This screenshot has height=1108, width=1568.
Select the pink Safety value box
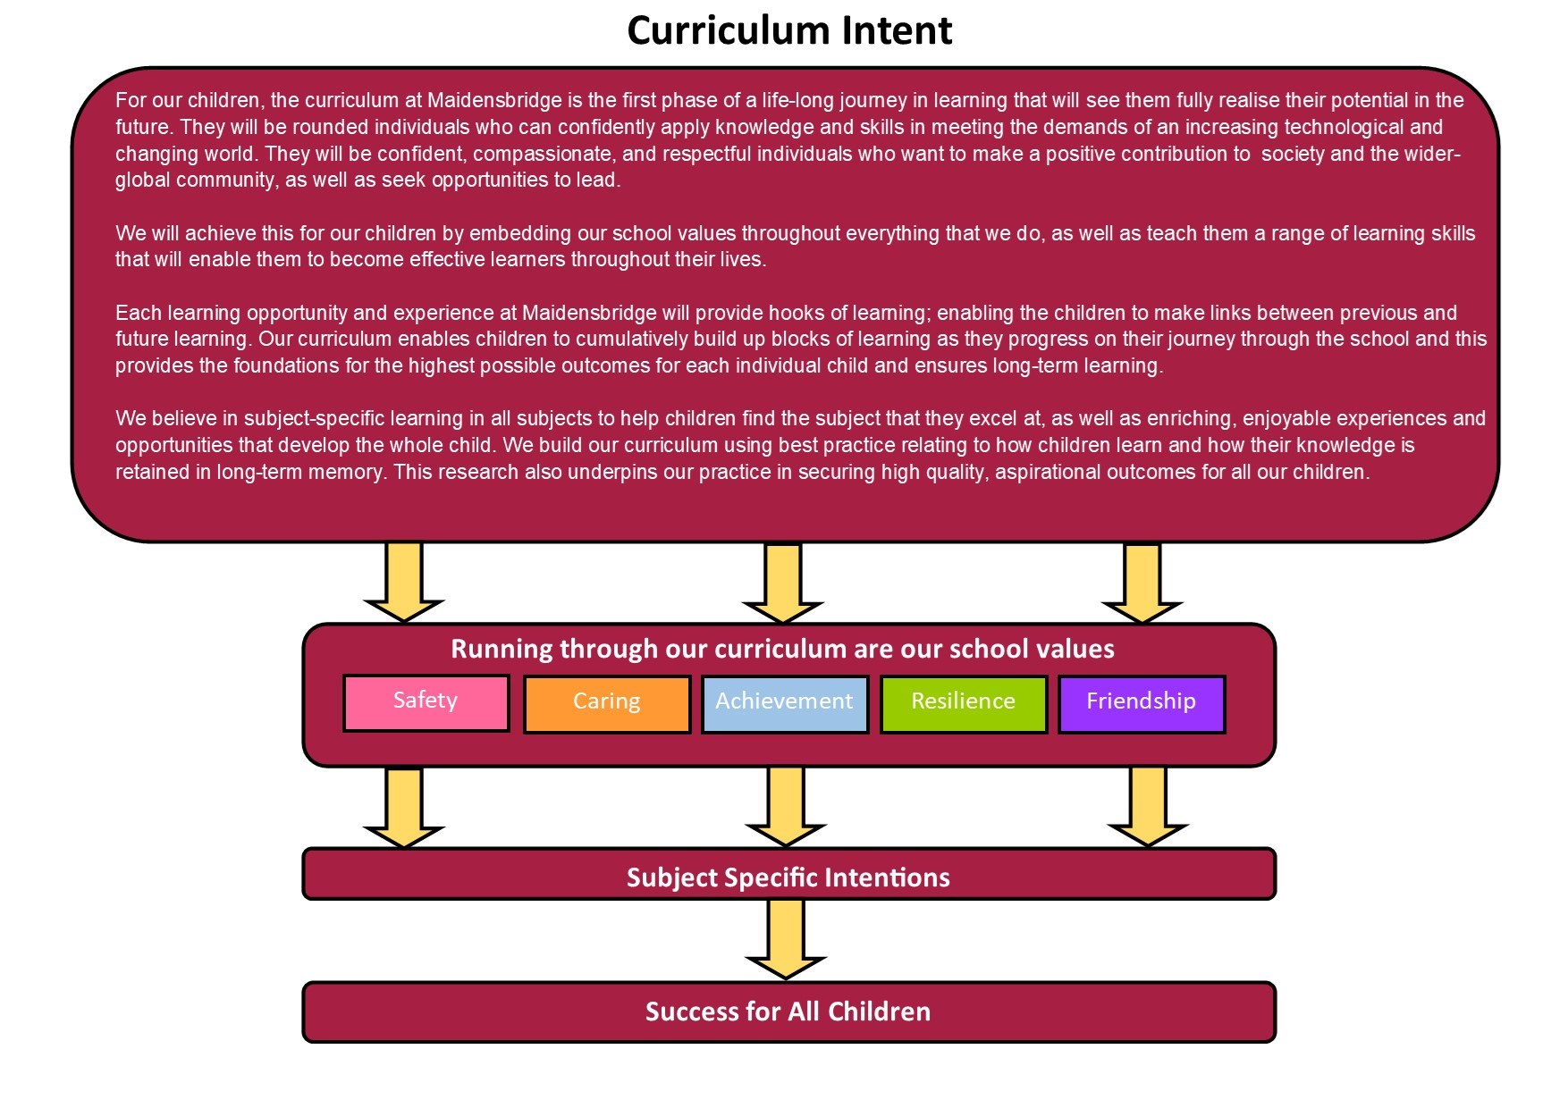click(x=426, y=703)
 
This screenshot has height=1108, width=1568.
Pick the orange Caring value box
click(x=607, y=704)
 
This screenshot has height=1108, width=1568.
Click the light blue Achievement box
click(x=785, y=704)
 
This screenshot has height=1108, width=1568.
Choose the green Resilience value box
click(x=964, y=704)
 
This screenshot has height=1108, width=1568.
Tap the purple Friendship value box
click(x=1142, y=704)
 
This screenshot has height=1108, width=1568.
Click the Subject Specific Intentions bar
click(x=788, y=874)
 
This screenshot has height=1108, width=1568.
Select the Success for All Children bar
click(x=788, y=1011)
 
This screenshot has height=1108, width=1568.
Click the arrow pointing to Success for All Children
click(x=786, y=938)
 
